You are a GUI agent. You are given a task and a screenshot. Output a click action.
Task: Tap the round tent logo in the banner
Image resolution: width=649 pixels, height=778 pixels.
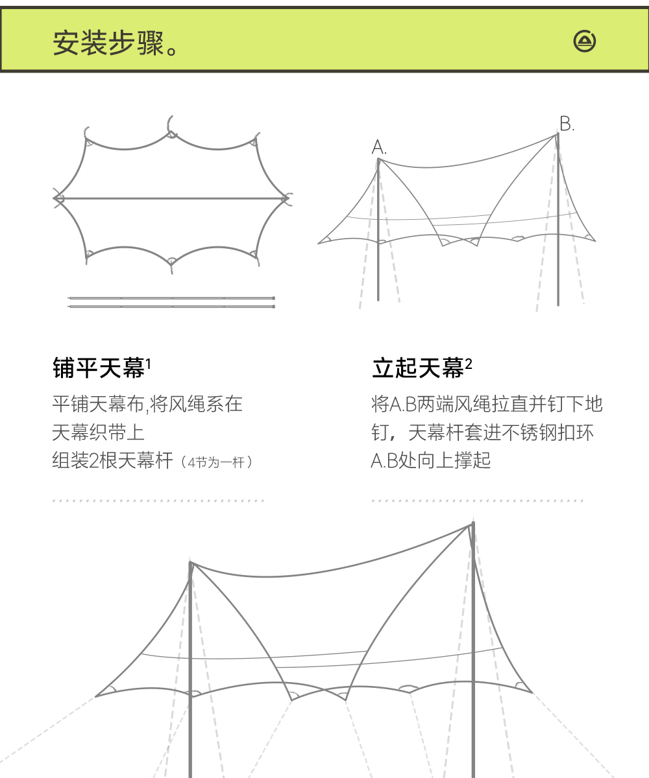(585, 41)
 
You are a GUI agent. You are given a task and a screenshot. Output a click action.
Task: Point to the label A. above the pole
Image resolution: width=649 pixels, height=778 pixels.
(379, 148)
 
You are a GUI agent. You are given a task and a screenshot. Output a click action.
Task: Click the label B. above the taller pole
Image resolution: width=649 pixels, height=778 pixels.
(567, 124)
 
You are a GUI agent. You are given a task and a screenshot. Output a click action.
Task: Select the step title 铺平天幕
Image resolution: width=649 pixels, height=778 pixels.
(98, 369)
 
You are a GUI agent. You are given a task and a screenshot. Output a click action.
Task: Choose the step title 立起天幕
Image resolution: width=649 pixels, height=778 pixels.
(418, 369)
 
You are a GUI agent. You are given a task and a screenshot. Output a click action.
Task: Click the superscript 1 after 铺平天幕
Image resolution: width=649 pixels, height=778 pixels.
(149, 364)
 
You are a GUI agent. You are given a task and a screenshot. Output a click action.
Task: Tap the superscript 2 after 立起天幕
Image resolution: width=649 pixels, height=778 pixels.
(469, 364)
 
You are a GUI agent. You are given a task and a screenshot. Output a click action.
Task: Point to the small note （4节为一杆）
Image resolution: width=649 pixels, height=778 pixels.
(217, 462)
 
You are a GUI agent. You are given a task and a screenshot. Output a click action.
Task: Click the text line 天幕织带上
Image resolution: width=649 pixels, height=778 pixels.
(98, 432)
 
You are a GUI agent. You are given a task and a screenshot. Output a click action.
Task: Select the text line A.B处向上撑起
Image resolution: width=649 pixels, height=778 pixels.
(431, 461)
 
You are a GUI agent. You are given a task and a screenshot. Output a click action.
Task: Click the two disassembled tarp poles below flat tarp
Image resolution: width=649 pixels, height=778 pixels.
(172, 302)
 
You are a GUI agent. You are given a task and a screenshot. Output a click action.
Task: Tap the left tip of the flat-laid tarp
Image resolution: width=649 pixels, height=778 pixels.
(56, 198)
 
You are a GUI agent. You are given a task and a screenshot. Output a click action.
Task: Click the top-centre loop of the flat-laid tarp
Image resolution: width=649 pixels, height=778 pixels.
(171, 134)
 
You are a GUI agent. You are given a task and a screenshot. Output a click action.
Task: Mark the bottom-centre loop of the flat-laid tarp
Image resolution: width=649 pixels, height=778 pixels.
(171, 262)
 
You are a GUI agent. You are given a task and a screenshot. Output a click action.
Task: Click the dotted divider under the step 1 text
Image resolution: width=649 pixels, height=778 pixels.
(158, 501)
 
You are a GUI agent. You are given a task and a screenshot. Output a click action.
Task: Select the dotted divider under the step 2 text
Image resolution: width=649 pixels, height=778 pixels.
(478, 501)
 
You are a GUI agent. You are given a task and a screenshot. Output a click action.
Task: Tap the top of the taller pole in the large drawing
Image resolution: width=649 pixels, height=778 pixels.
(473, 524)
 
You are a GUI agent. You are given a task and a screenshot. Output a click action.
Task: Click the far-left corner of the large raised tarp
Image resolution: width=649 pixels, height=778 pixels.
(97, 696)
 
